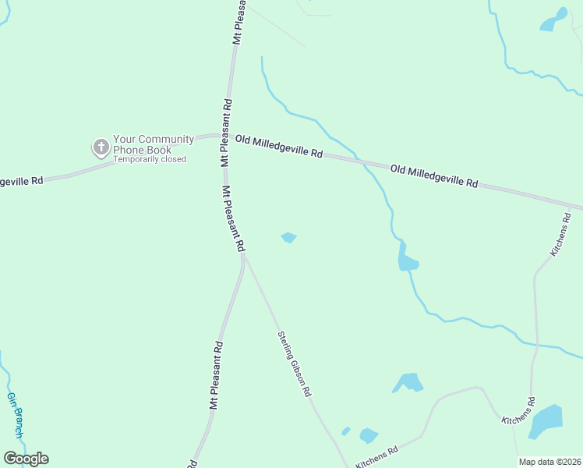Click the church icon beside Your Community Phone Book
(101, 147)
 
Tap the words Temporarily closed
(150, 160)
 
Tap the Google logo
(26, 459)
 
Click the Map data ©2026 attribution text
(549, 462)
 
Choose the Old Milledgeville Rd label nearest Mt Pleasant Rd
(278, 146)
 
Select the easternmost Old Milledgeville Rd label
(433, 175)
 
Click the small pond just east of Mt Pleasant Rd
(288, 237)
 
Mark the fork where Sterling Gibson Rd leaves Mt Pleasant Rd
(245, 257)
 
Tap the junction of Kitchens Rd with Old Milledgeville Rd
(578, 208)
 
